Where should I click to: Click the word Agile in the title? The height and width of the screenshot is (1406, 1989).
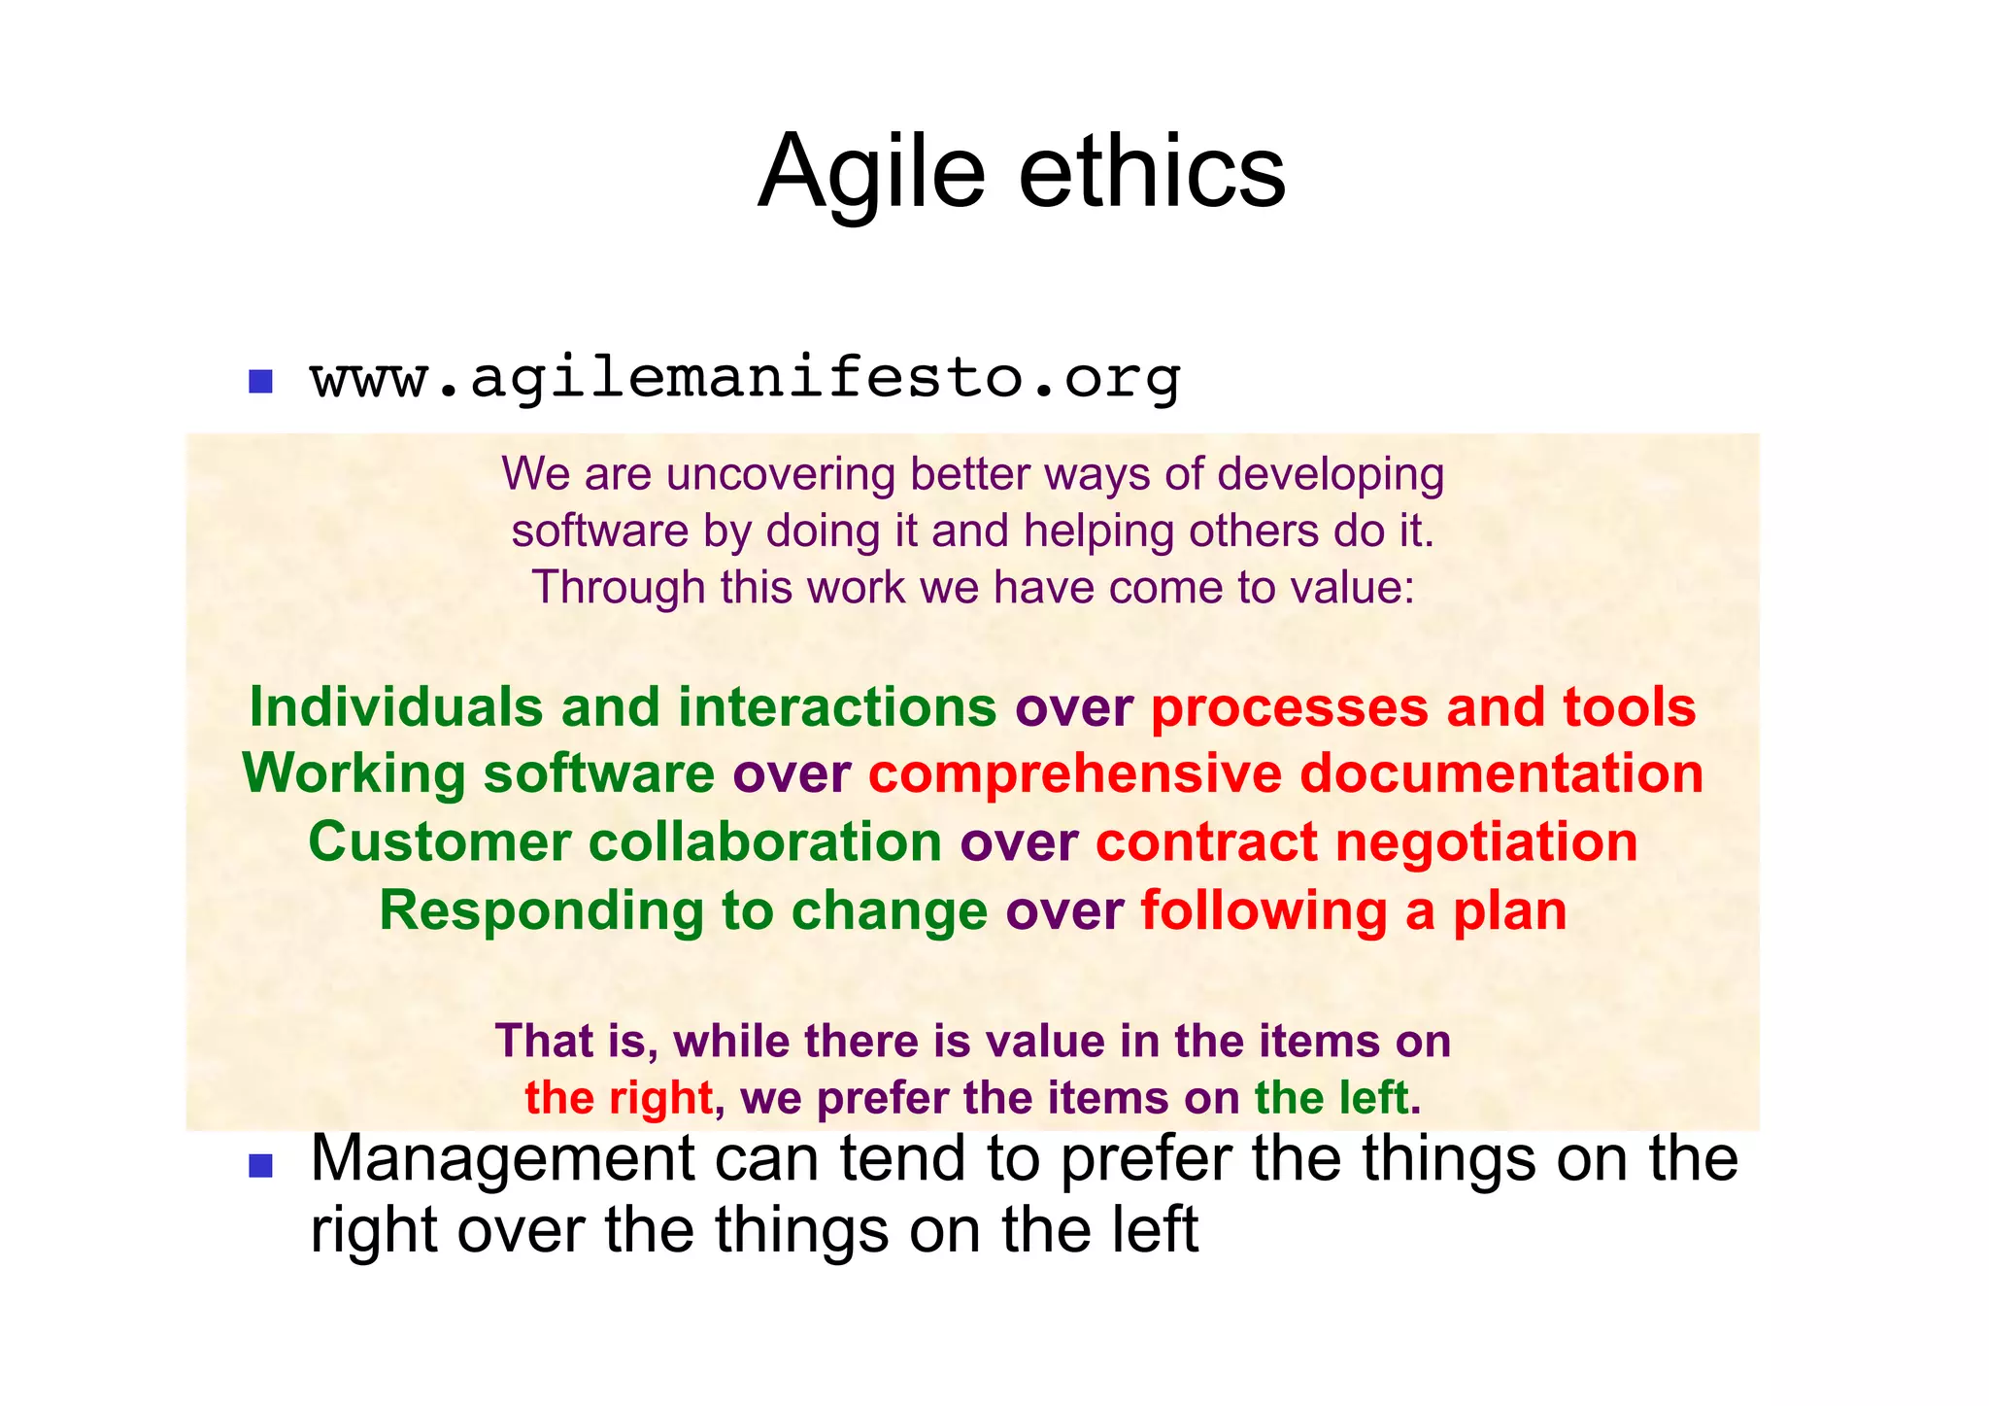(x=871, y=173)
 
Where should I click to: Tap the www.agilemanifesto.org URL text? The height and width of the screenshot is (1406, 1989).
(x=745, y=378)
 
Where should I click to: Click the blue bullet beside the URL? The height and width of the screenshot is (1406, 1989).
(x=260, y=381)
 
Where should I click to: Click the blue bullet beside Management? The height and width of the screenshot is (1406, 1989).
(x=260, y=1165)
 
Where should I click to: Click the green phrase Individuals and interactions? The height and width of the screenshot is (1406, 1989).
(x=623, y=706)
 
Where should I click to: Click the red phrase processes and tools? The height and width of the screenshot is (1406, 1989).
(x=1423, y=706)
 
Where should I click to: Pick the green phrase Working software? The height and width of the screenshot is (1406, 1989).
(x=479, y=773)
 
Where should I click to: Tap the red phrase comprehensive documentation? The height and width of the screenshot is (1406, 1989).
(x=1285, y=773)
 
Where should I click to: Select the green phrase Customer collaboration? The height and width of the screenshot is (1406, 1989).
(x=624, y=841)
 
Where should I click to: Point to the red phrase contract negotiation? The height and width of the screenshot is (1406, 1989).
(x=1366, y=841)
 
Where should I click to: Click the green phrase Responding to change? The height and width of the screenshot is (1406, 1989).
(x=683, y=910)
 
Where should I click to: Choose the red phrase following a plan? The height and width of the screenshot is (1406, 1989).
(x=1353, y=910)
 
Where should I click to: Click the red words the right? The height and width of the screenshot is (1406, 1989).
(x=619, y=1098)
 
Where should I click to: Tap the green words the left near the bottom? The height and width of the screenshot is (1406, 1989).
(x=1331, y=1098)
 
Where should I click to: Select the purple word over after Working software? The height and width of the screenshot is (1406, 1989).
(x=792, y=773)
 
